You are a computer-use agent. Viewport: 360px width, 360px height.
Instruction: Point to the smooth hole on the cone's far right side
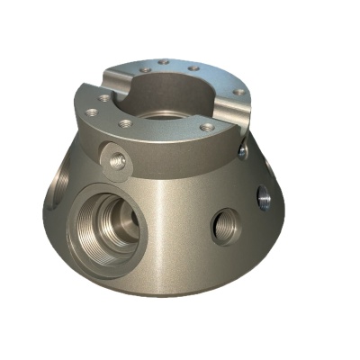pyautogui.click(x=264, y=195)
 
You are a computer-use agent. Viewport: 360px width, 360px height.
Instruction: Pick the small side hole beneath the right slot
pyautogui.click(x=242, y=152)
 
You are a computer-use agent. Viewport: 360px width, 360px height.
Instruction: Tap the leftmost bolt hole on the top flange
pyautogui.click(x=91, y=112)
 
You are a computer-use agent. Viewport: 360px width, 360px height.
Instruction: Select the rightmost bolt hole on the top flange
pyautogui.click(x=238, y=91)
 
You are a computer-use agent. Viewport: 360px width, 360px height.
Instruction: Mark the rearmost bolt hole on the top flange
pyautogui.click(x=164, y=62)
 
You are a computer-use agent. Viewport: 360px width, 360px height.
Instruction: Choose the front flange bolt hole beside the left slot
pyautogui.click(x=104, y=97)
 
